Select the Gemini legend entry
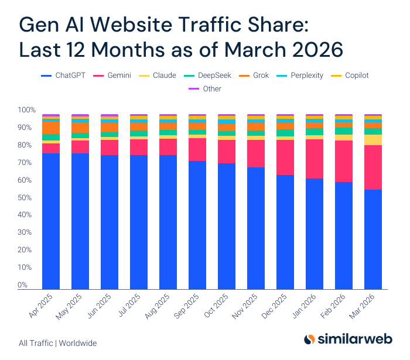point(115,76)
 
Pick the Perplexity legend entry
point(304,76)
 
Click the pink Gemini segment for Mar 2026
point(373,167)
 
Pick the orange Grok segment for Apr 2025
point(51,127)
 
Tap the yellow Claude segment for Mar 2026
point(373,140)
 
